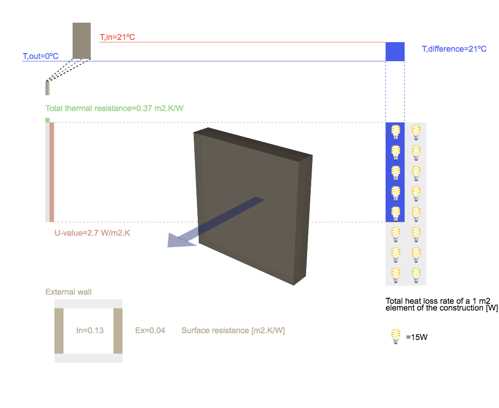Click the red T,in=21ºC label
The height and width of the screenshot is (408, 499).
[x=117, y=37]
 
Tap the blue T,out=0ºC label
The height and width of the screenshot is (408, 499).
[x=40, y=56]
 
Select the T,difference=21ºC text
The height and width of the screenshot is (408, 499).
[x=454, y=49]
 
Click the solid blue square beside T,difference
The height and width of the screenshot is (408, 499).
[x=395, y=51]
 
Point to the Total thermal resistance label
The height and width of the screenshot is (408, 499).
[x=114, y=108]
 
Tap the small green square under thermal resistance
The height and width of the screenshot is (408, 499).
[x=47, y=120]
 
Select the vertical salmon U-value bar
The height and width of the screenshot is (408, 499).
[x=52, y=172]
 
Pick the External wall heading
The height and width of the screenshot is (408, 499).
[x=68, y=292]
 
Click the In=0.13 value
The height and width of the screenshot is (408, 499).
[x=90, y=330]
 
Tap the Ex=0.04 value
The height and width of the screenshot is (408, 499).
[x=150, y=330]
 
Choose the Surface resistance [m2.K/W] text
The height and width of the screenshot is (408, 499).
[x=233, y=330]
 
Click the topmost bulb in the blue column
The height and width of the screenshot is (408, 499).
[x=396, y=132]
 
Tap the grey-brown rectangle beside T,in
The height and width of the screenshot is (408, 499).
[x=82, y=41]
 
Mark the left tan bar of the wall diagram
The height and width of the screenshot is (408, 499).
[x=59, y=331]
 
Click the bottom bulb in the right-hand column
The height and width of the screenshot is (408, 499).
[x=416, y=275]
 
